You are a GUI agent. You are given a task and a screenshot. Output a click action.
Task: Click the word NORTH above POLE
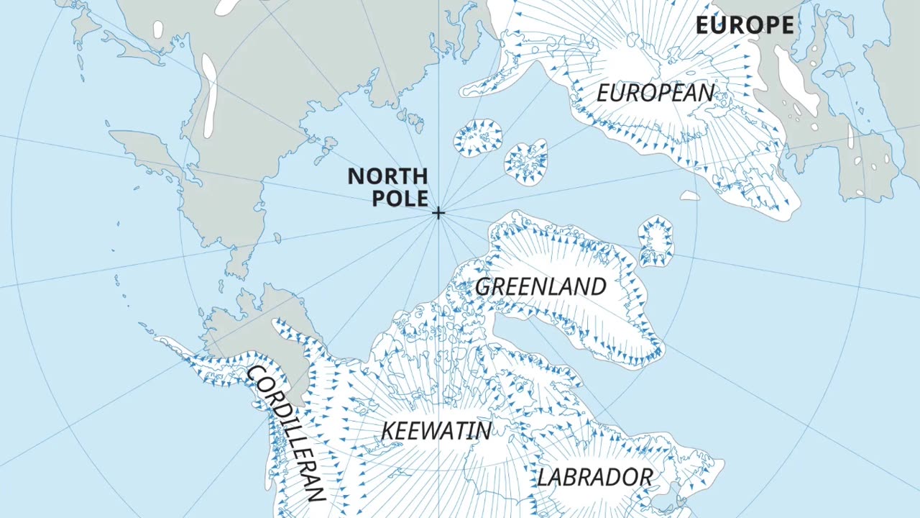coord(387,176)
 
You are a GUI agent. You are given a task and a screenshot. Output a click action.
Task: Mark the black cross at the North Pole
coord(438,212)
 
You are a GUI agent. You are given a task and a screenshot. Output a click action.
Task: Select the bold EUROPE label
coord(745,26)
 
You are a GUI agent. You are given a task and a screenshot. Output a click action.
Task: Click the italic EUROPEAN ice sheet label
coord(655,94)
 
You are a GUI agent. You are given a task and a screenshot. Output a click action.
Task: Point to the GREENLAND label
coord(540,286)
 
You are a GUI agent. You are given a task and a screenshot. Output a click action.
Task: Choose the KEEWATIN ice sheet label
coord(436,431)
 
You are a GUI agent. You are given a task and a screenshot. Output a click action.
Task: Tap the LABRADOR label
coord(595,477)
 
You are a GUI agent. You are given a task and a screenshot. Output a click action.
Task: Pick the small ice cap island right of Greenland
coord(656,240)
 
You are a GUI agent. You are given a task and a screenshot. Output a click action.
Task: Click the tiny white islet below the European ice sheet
coord(690,196)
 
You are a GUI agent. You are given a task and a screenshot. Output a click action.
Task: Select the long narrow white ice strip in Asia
coord(209,96)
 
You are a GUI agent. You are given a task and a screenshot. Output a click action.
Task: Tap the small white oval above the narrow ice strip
coord(158,29)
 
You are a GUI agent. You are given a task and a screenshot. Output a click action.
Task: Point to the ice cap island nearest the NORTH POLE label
coord(477,137)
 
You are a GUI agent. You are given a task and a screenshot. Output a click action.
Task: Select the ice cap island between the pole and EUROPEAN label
coord(527,162)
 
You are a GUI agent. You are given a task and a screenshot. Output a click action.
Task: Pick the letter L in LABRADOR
coord(544,478)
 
